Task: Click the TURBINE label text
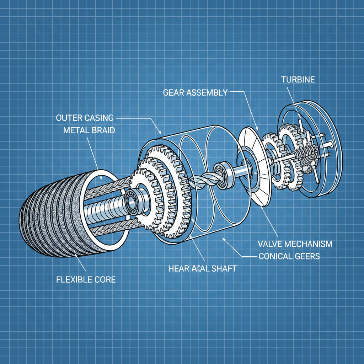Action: point(298,79)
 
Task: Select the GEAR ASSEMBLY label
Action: point(195,93)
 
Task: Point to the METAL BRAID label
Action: point(89,130)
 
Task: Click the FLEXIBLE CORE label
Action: point(86,279)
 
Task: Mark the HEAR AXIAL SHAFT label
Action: point(202,269)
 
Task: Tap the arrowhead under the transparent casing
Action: point(224,239)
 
